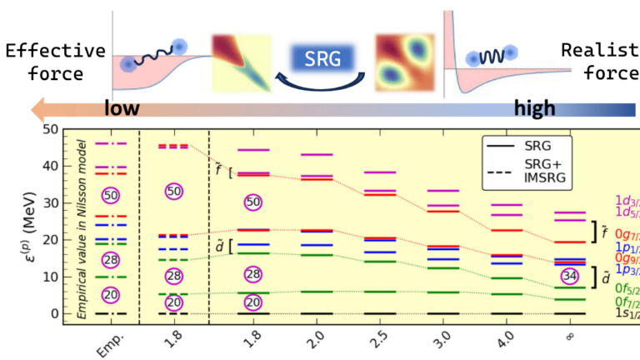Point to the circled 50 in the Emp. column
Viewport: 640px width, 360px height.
point(111,194)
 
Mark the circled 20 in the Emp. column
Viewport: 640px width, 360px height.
point(111,295)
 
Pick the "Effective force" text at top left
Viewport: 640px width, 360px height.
point(54,62)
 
